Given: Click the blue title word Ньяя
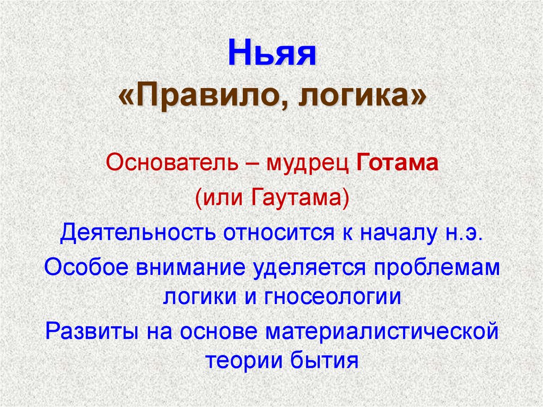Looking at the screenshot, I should pyautogui.click(x=271, y=55).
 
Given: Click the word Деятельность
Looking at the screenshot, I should pyautogui.click(x=136, y=233).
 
